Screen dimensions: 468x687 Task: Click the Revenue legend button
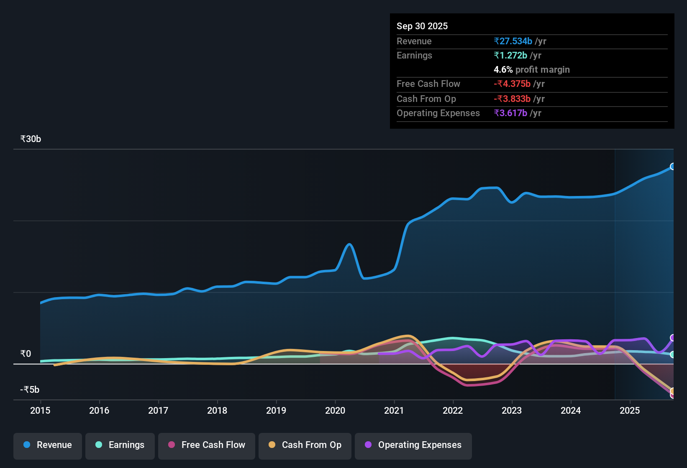tap(48, 445)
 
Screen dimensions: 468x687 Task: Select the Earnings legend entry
tap(120, 445)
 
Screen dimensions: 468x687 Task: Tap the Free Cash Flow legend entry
tap(207, 445)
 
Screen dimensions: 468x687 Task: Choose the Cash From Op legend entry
tap(305, 445)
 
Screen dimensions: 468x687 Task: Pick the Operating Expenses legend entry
tap(413, 445)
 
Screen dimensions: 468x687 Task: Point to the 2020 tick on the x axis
tap(335, 410)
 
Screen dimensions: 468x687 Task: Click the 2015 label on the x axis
tap(40, 410)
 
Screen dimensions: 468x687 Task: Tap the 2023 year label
tap(512, 410)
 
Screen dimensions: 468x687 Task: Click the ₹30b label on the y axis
tap(31, 139)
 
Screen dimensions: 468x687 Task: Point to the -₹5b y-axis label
tap(30, 390)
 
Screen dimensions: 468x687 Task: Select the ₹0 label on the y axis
tap(26, 354)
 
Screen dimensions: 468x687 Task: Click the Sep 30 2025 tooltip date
tap(422, 26)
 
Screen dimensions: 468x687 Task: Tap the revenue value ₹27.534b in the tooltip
tap(513, 41)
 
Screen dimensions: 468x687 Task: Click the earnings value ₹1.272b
tap(510, 56)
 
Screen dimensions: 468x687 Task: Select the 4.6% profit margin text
tap(531, 70)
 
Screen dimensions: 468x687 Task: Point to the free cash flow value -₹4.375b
tap(512, 84)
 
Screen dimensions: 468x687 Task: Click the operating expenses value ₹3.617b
tap(510, 113)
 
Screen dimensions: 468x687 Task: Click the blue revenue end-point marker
tap(673, 166)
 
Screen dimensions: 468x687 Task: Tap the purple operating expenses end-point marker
tap(673, 338)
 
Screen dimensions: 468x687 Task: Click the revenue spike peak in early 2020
tap(349, 244)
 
